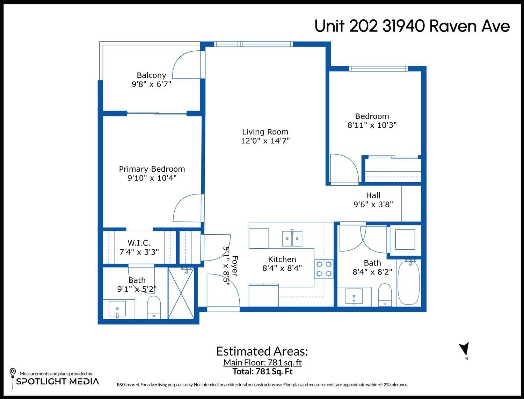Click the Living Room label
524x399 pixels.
[x=265, y=132]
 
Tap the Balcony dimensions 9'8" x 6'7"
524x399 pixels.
[x=151, y=84]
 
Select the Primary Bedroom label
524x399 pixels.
[x=152, y=169]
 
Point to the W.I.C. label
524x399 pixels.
[x=139, y=243]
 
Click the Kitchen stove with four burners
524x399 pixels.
[x=324, y=269]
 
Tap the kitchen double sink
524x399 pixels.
[x=292, y=238]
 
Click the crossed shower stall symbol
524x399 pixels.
[x=181, y=293]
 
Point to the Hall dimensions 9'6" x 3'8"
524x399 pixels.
[x=373, y=204]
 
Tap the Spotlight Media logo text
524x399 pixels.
[x=57, y=382]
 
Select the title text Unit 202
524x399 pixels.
[x=346, y=26]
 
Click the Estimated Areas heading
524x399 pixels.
[x=262, y=351]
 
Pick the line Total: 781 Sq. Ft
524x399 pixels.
[x=262, y=371]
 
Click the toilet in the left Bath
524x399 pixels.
[x=154, y=307]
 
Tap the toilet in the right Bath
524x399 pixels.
[x=385, y=295]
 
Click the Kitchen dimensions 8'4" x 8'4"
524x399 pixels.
[x=282, y=268]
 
